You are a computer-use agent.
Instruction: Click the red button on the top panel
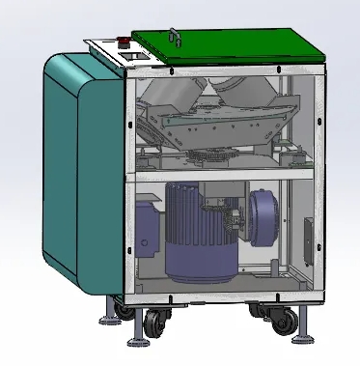tap(124, 42)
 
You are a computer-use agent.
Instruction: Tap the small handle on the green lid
tap(175, 36)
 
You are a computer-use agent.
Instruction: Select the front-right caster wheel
tap(283, 322)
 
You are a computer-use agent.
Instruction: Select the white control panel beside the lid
tap(116, 51)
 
